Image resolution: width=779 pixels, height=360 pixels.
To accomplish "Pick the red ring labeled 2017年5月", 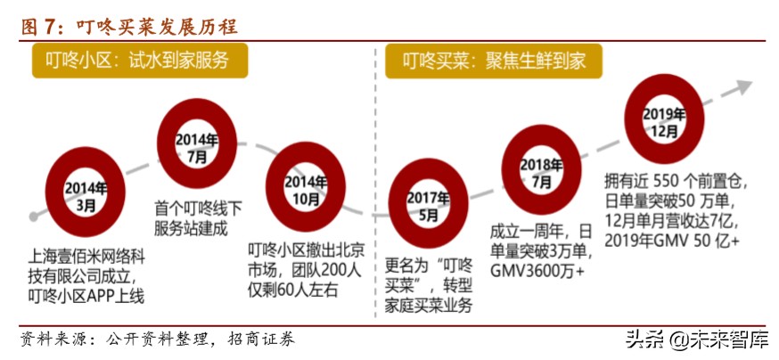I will (428, 206).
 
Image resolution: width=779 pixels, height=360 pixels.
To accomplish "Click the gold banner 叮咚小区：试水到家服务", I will (140, 61).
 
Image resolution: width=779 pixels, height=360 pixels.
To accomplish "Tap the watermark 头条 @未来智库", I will (695, 339).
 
